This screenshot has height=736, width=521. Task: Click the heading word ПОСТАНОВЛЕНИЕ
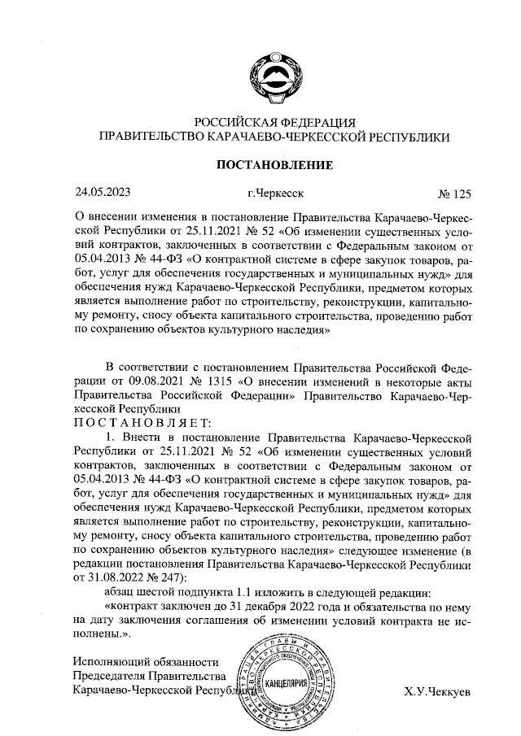(x=274, y=166)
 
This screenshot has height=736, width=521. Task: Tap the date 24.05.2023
(x=102, y=194)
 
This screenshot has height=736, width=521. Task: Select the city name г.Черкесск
(x=278, y=194)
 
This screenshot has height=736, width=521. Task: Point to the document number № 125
(x=454, y=194)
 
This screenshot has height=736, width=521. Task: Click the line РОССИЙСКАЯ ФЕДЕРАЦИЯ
(x=274, y=123)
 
